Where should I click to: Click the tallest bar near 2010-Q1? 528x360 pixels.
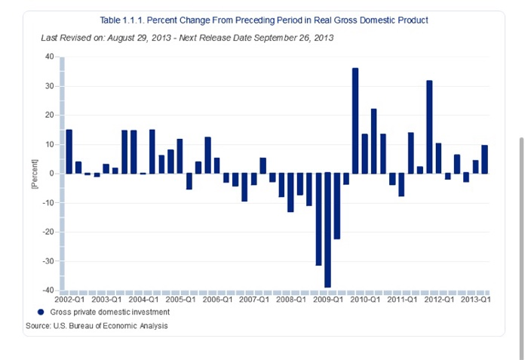[355, 121]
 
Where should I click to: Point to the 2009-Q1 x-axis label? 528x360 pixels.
[328, 300]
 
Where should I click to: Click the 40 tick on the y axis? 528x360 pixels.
[50, 57]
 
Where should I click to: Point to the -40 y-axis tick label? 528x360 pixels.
[48, 291]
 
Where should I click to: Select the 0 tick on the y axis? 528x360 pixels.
[53, 174]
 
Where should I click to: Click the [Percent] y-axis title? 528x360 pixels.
[34, 174]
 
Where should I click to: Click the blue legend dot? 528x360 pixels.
[41, 312]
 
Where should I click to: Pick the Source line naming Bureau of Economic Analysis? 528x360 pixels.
[97, 326]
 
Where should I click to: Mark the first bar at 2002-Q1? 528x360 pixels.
[69, 152]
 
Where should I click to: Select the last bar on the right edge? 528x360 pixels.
[484, 159]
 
